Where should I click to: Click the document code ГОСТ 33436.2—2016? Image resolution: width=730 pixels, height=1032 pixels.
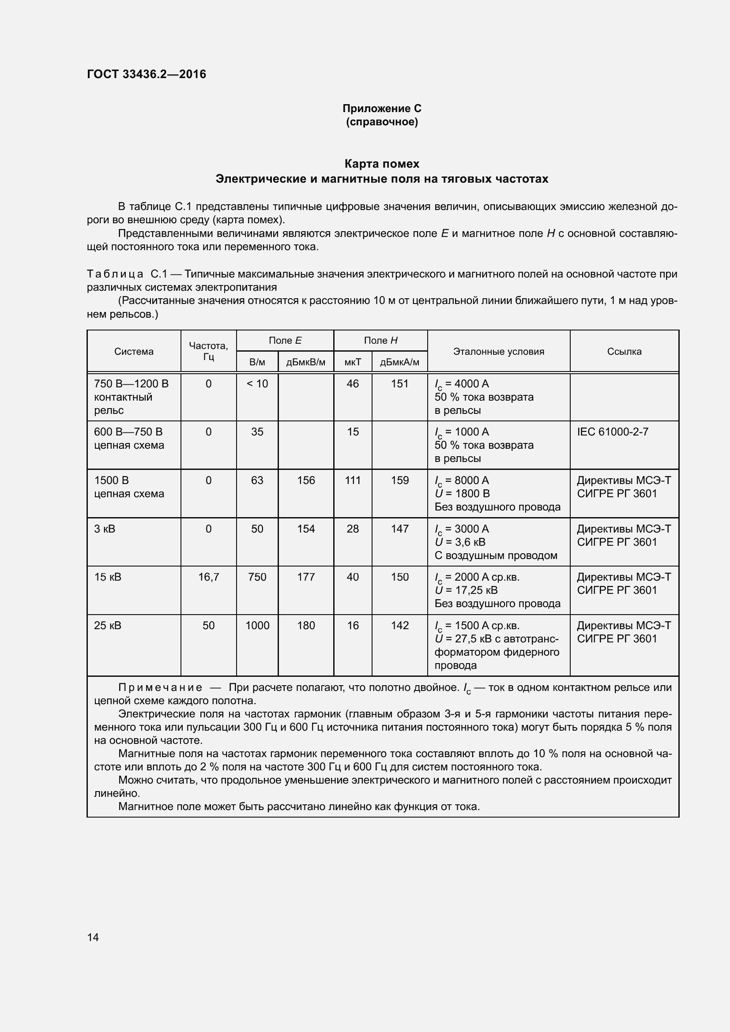[x=147, y=74]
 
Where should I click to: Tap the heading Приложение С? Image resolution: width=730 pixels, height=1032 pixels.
[x=382, y=109]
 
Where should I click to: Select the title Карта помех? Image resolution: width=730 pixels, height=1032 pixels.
[x=382, y=164]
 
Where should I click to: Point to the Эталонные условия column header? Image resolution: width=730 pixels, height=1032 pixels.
[x=498, y=352]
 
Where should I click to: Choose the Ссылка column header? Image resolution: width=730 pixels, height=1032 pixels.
[x=624, y=352]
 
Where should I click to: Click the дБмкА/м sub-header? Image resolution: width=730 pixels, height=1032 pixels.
[x=399, y=362]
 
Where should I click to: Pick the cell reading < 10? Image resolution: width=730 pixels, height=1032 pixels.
[x=257, y=383]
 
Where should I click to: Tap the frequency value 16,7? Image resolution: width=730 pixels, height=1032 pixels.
[x=209, y=577]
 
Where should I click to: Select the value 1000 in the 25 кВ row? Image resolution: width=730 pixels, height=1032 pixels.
[x=257, y=625]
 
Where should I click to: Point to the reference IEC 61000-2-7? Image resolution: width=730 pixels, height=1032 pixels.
[x=612, y=432]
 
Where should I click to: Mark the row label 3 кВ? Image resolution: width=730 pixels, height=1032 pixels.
[x=105, y=529]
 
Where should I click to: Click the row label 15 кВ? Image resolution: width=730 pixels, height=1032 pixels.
[x=107, y=577]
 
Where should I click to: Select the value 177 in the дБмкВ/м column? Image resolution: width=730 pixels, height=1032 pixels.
[x=306, y=577]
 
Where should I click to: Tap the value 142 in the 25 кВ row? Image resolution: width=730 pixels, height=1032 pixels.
[x=399, y=625]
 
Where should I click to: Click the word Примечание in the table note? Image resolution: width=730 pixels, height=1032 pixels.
[x=160, y=687]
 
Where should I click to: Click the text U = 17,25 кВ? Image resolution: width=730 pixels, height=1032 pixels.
[x=466, y=590]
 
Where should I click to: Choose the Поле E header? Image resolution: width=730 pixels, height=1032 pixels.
[x=285, y=340]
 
